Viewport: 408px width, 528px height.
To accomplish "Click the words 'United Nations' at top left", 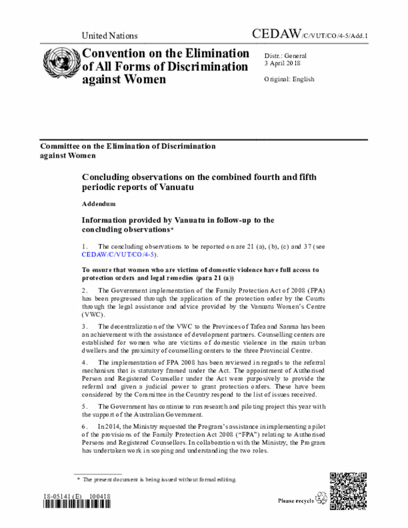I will point(110,36).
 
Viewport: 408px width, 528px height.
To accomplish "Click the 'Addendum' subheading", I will point(99,203).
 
